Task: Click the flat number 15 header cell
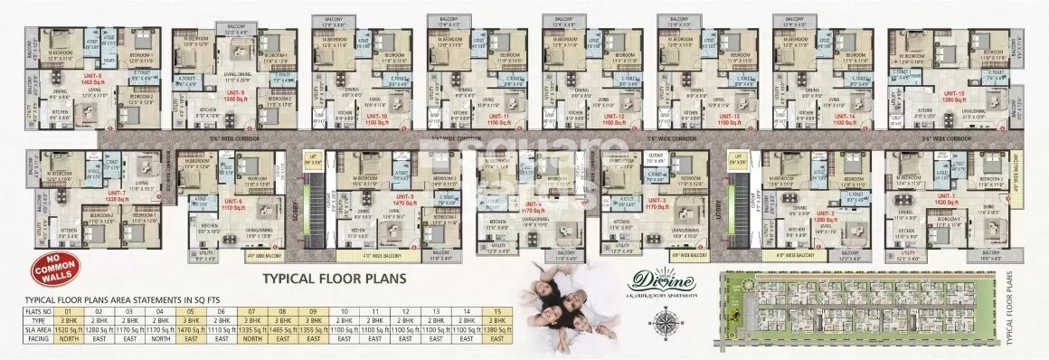pos(495,311)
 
